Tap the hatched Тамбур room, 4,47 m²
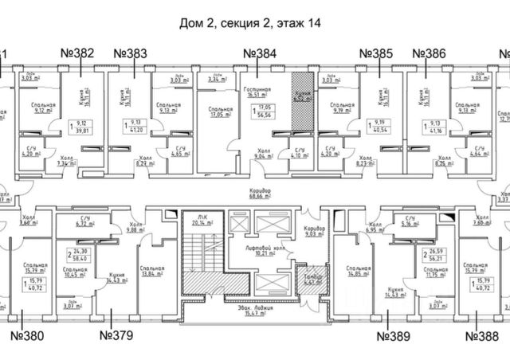pyautogui.click(x=308, y=278)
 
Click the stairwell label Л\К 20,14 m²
pyautogui.click(x=195, y=221)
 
